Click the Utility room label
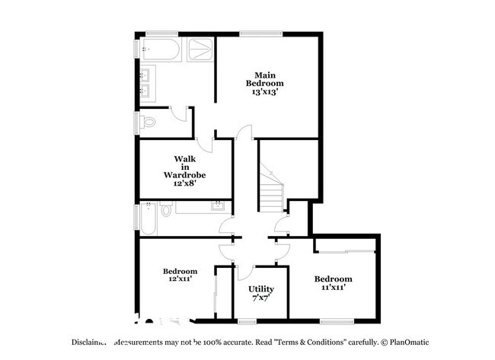[x=261, y=289]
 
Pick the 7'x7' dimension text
[x=261, y=300]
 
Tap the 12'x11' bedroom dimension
[x=180, y=280]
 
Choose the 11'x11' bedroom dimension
[x=333, y=288]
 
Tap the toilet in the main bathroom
[x=148, y=121]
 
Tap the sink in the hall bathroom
[x=218, y=206]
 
